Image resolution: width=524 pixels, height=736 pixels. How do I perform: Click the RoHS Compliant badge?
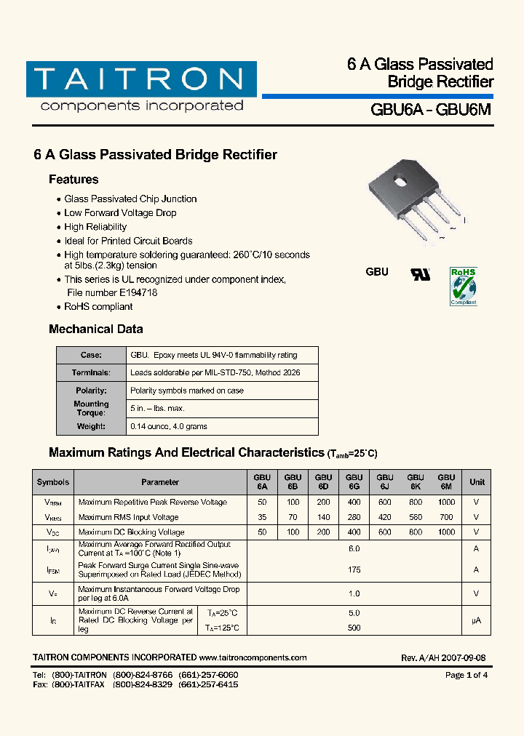pos(463,286)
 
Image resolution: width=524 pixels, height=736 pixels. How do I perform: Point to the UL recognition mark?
pos(421,274)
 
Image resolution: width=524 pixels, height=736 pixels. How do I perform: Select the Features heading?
pos(74,180)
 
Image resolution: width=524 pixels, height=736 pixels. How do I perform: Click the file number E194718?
pos(132,292)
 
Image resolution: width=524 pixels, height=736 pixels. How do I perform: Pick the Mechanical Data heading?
pos(96,329)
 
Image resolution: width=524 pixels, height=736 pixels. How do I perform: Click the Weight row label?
pos(92,426)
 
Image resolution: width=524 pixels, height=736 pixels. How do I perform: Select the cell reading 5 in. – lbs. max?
pos(157,409)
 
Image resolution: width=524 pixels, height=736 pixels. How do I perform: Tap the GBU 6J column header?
pos(385,481)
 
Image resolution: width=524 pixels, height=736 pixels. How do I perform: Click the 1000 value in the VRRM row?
pos(446,502)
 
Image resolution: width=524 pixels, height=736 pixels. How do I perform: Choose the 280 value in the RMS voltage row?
pos(354,517)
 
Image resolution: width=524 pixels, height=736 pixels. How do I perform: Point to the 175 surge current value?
pos(354,569)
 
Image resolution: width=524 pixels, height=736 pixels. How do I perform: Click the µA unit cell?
pos(477,620)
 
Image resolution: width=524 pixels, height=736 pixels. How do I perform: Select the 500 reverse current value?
pos(354,628)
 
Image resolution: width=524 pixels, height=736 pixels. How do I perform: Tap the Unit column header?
pos(477,481)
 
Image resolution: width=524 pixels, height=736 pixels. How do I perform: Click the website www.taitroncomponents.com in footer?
pos(253,657)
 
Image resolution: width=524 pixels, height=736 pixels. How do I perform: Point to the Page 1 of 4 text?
pos(466,675)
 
